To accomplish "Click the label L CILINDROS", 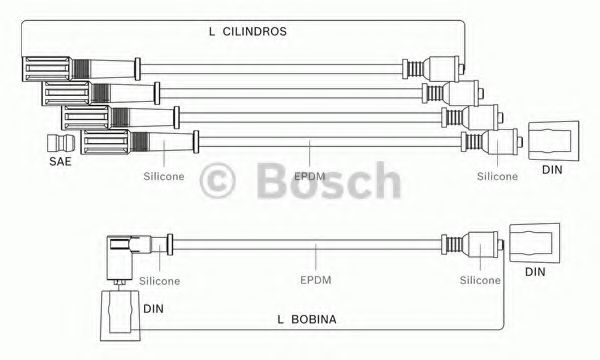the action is (248, 31).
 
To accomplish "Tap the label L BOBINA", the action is (307, 319).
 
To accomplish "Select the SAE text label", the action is (60, 161).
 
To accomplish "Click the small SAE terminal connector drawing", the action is (61, 143).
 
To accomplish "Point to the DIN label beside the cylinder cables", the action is (552, 169).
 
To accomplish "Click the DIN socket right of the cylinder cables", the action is (553, 141).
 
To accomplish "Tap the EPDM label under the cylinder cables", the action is (310, 176).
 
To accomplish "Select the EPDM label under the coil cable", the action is (316, 280).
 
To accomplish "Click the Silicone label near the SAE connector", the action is (164, 176).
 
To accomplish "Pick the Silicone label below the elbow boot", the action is (159, 281).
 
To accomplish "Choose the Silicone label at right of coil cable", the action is (480, 280).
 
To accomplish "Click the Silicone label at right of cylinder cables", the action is (497, 176).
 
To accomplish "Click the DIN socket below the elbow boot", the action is (120, 316).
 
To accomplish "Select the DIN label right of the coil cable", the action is (535, 272).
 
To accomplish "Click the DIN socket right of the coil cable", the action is (535, 243).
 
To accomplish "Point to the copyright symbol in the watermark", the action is (217, 181).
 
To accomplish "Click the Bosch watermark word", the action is (329, 180).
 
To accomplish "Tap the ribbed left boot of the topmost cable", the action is (81, 69).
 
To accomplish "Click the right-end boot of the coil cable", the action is (472, 243).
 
